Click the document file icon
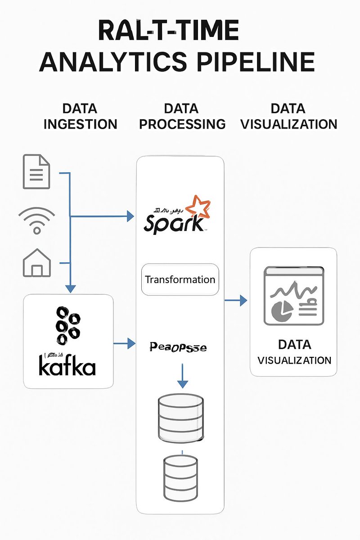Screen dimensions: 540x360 click(x=36, y=171)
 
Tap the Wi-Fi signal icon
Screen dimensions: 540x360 click(x=36, y=221)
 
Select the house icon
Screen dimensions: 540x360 click(x=36, y=263)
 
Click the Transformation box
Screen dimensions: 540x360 click(x=180, y=279)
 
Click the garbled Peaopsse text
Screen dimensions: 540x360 click(x=177, y=347)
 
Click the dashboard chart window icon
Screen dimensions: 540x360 click(x=293, y=296)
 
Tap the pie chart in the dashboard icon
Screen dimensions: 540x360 click(x=282, y=309)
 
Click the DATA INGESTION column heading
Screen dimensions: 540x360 click(x=80, y=116)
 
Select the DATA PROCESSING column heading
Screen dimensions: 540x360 click(x=182, y=116)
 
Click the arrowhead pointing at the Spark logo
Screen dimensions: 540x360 click(x=130, y=216)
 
